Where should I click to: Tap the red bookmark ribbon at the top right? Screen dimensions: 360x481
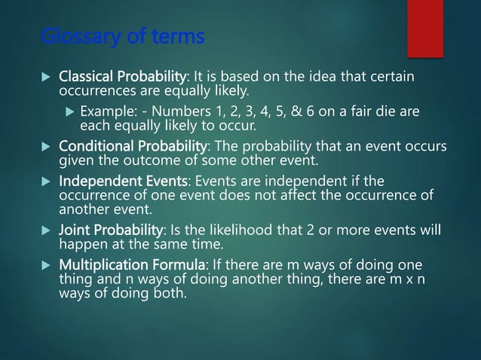(x=424, y=26)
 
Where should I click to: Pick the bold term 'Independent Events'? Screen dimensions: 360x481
(x=123, y=182)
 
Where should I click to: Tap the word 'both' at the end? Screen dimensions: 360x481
(x=165, y=293)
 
